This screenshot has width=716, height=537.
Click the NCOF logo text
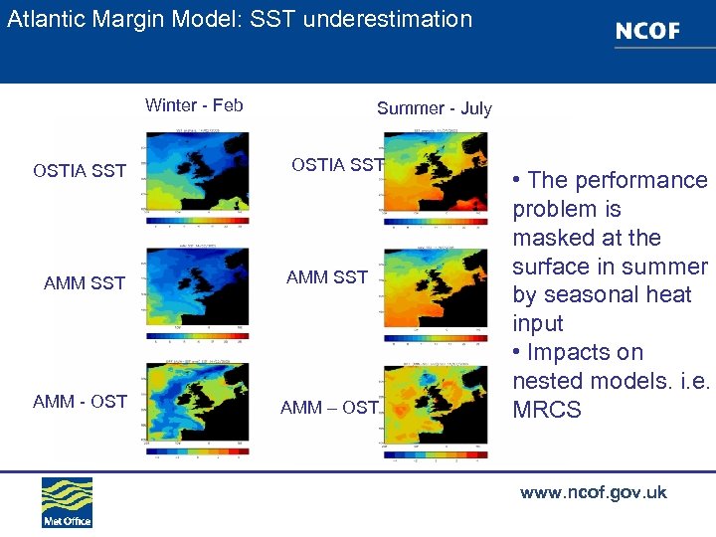(x=647, y=31)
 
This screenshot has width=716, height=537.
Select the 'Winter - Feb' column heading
(x=194, y=105)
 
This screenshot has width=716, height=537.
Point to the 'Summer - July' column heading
(x=434, y=108)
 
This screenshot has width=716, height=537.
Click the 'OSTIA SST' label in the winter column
(x=80, y=171)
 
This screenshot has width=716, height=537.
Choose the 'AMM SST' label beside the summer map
(x=327, y=277)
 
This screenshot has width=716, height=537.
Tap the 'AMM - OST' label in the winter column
(x=80, y=402)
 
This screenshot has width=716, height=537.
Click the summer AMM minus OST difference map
(x=435, y=403)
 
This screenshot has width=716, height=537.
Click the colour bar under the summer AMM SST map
(x=435, y=337)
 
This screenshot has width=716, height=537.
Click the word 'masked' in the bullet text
(x=547, y=239)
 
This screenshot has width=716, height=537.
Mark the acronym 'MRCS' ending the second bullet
(x=546, y=410)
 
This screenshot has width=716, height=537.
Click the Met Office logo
(x=67, y=502)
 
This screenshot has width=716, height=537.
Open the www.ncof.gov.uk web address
(x=593, y=492)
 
